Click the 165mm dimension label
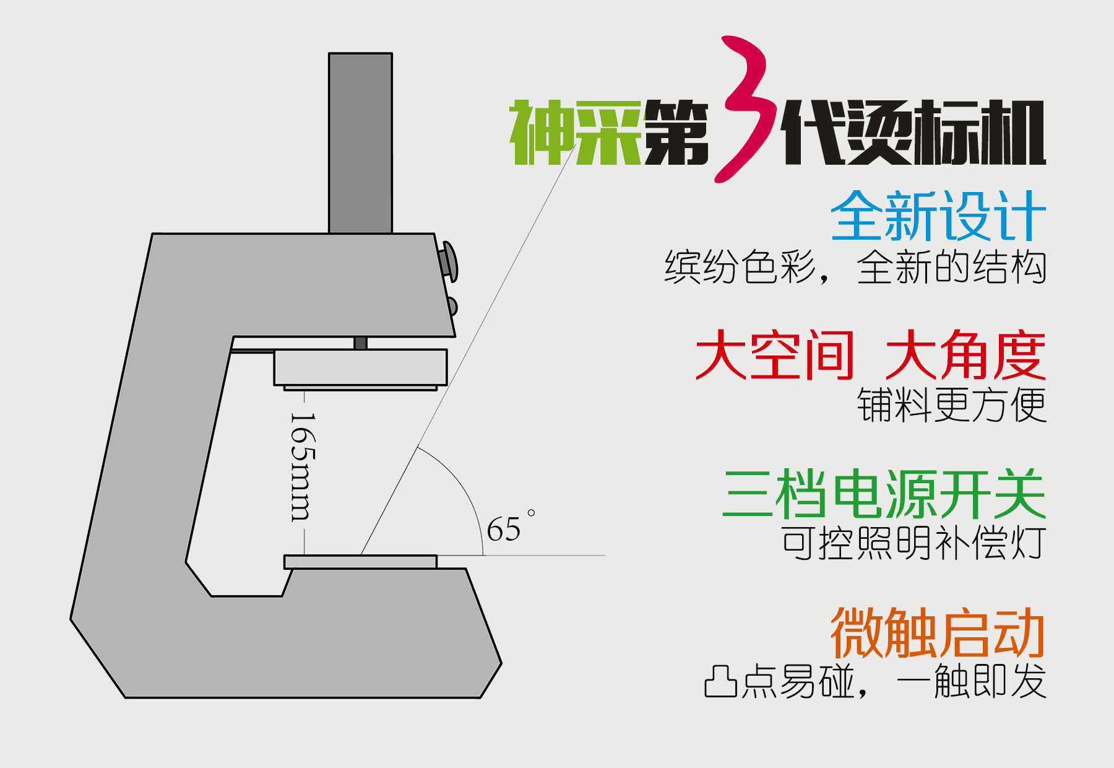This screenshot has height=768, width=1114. click(303, 468)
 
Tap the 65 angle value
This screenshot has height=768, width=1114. click(504, 530)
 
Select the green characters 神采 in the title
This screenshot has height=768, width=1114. click(575, 133)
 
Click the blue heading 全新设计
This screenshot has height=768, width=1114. click(938, 216)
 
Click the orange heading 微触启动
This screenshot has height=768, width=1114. click(938, 632)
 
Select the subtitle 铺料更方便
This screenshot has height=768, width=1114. click(951, 406)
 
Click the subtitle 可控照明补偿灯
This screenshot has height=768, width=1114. click(913, 543)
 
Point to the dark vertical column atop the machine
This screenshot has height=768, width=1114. click(360, 142)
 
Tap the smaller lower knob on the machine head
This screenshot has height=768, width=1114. click(452, 306)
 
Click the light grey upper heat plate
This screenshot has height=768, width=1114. click(360, 367)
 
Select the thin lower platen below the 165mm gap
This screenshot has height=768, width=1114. click(360, 562)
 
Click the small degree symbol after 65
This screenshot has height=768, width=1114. click(531, 513)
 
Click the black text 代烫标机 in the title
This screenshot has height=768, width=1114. click(913, 133)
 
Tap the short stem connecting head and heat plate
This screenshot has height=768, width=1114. click(360, 343)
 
